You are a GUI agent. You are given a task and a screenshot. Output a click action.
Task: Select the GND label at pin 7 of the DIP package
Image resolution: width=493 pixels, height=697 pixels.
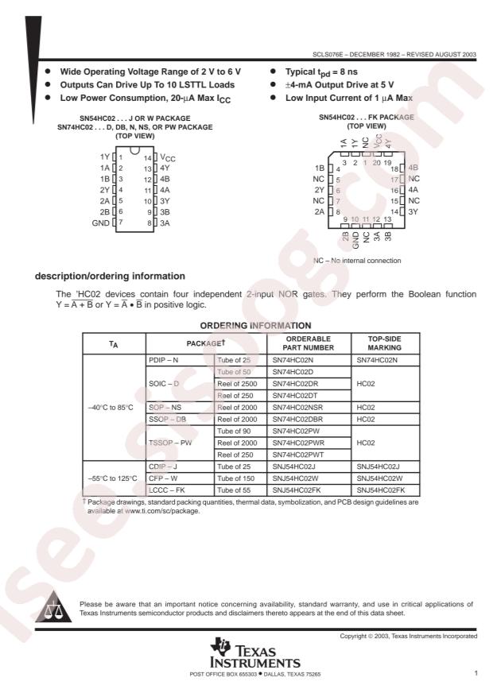(x=101, y=223)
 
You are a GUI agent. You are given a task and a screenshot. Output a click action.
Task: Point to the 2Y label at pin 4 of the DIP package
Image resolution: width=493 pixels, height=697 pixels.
(x=105, y=191)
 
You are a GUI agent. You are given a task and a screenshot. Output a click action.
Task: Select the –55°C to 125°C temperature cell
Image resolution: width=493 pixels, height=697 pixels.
(x=113, y=478)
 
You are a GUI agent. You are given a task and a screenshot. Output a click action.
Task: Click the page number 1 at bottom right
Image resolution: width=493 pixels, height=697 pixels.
(x=475, y=673)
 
